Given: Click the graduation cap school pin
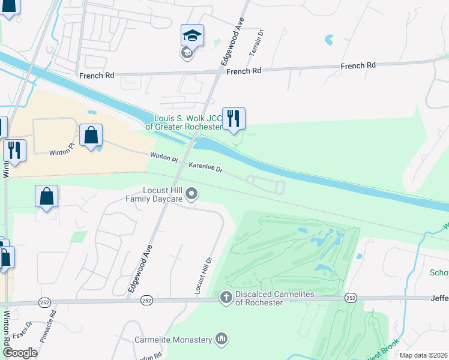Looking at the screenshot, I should point(192,36).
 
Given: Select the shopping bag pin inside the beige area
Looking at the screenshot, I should point(91,136).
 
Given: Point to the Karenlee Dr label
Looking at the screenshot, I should point(206,167).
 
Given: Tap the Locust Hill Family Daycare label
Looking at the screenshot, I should point(154,194).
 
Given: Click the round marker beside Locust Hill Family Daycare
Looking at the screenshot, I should point(192,193).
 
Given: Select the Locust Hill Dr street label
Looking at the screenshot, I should point(204,275).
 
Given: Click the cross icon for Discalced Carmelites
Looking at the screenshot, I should point(226,297).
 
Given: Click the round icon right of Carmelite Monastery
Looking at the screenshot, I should point(221,340).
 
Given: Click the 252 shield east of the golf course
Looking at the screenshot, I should point(351,298).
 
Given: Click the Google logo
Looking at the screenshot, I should point(20,352).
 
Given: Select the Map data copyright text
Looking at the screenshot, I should point(423,355).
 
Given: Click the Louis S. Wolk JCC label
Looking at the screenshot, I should point(188,122).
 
